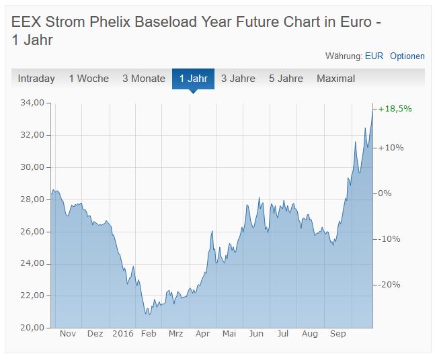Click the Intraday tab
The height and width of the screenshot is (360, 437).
click(36, 79)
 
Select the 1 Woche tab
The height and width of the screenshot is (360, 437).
click(89, 79)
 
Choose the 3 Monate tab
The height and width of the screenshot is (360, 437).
click(144, 79)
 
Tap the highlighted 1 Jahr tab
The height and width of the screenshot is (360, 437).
click(193, 79)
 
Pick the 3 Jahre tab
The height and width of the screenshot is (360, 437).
click(238, 79)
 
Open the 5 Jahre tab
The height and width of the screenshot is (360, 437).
click(286, 79)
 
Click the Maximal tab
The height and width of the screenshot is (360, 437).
click(335, 79)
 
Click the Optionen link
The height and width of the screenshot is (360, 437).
click(407, 56)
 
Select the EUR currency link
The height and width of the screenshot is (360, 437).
click(374, 56)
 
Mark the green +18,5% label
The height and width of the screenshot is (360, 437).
click(395, 109)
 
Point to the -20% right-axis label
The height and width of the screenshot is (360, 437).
click(389, 285)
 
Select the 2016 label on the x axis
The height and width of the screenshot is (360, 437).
click(124, 334)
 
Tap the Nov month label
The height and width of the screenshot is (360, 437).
click(68, 334)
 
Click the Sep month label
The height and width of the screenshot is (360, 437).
click(337, 334)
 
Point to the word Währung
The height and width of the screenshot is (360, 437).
click(344, 56)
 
